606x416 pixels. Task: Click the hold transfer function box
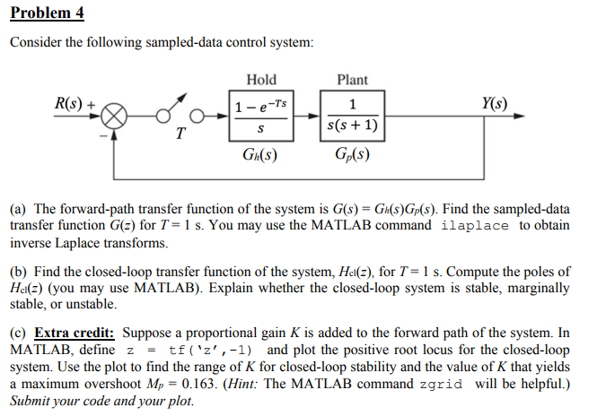pyautogui.click(x=261, y=117)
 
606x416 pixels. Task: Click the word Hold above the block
pyautogui.click(x=261, y=80)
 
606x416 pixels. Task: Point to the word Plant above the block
pyautogui.click(x=353, y=80)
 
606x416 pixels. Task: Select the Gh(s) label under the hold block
pyautogui.click(x=260, y=154)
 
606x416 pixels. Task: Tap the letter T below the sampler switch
pyautogui.click(x=180, y=136)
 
